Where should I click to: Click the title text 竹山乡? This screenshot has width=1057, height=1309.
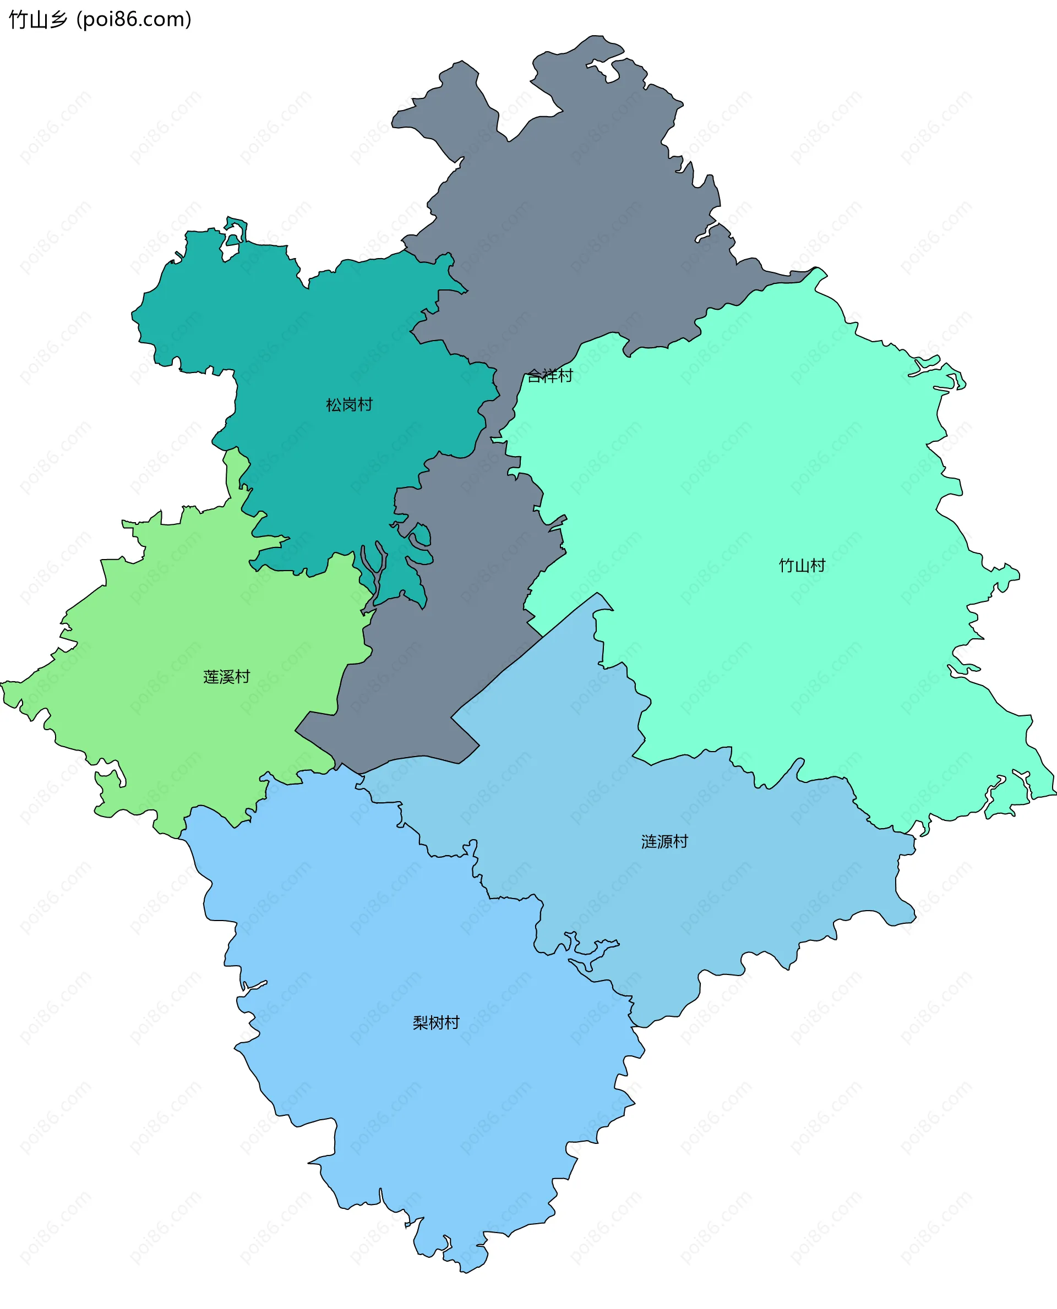pyautogui.click(x=38, y=19)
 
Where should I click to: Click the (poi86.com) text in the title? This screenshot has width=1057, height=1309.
pyautogui.click(x=134, y=19)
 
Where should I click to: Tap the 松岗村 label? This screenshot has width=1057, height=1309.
pyautogui.click(x=349, y=404)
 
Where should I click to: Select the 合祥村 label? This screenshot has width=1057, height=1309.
pyautogui.click(x=550, y=375)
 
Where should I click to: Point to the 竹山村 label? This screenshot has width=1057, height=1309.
pyautogui.click(x=802, y=565)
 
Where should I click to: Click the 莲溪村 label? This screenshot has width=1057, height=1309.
pyautogui.click(x=226, y=676)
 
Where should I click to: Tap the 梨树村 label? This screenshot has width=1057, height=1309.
pyautogui.click(x=436, y=1022)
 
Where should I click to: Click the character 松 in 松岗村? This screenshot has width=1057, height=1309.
pyautogui.click(x=334, y=404)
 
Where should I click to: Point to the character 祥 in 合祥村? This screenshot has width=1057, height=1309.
pyautogui.click(x=550, y=375)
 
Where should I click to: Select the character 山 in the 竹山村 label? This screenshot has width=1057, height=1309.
pyautogui.click(x=802, y=565)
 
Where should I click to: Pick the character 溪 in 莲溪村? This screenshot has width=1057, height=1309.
pyautogui.click(x=226, y=676)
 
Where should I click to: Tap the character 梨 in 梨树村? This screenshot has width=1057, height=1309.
pyautogui.click(x=421, y=1022)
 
